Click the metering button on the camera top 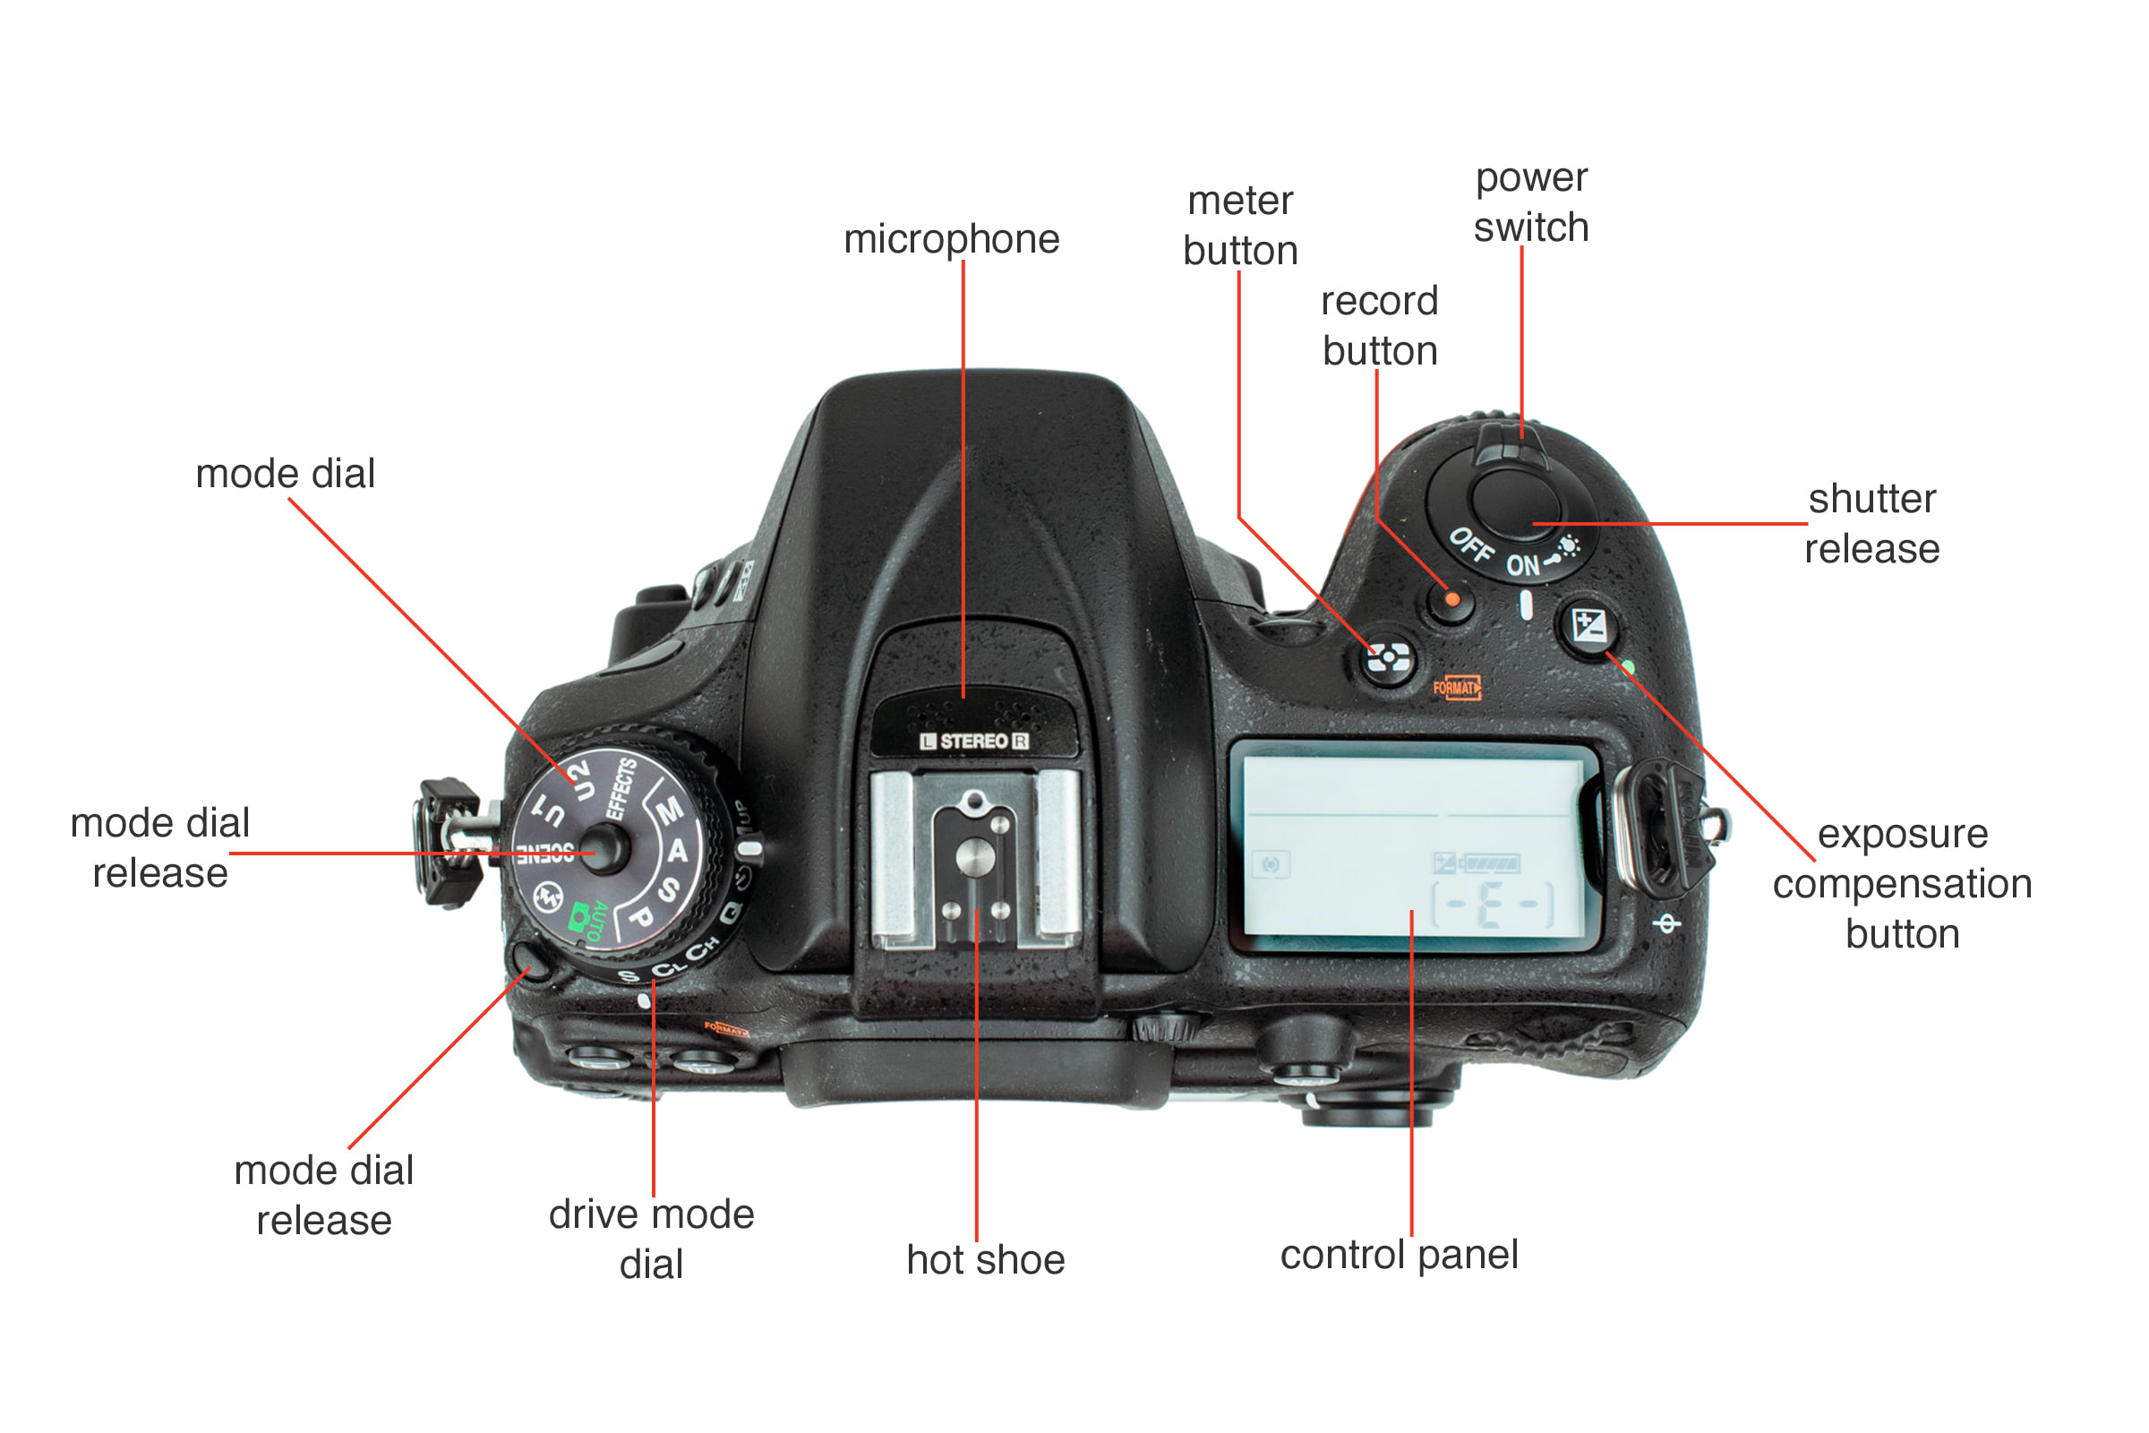point(1388,656)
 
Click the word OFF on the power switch point(1471,545)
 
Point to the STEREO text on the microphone point(974,742)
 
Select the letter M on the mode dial point(670,810)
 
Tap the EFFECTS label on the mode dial point(621,788)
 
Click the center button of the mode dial point(604,849)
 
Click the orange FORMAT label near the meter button point(1457,687)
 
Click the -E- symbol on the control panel point(1491,905)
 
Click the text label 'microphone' point(951,239)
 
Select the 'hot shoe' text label point(985,1260)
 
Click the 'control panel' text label point(1399,1255)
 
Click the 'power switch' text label point(1531,203)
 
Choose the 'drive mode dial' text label point(652,1240)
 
